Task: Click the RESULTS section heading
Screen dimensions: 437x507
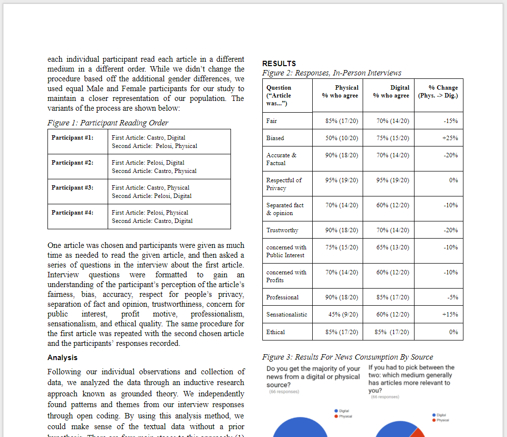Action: [x=279, y=64]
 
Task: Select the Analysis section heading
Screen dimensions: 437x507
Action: [x=62, y=358]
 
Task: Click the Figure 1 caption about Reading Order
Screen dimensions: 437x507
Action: [x=108, y=123]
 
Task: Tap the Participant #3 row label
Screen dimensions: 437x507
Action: [x=72, y=188]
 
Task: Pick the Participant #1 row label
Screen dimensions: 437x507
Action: [x=72, y=138]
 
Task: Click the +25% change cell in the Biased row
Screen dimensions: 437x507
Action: [x=450, y=138]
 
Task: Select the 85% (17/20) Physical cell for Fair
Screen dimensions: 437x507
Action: [x=342, y=121]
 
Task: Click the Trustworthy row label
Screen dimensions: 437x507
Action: [x=282, y=230]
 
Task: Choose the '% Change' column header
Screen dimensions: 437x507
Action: [x=438, y=92]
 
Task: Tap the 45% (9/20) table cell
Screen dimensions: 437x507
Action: [x=342, y=315]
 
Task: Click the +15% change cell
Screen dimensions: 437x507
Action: [x=450, y=315]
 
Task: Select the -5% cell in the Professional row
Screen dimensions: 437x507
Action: [x=453, y=297]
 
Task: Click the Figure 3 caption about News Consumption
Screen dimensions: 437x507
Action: [x=347, y=357]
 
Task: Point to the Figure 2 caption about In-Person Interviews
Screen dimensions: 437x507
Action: [x=332, y=73]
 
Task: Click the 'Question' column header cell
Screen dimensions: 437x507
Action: [x=279, y=96]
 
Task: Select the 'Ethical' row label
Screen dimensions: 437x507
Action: [x=276, y=332]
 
